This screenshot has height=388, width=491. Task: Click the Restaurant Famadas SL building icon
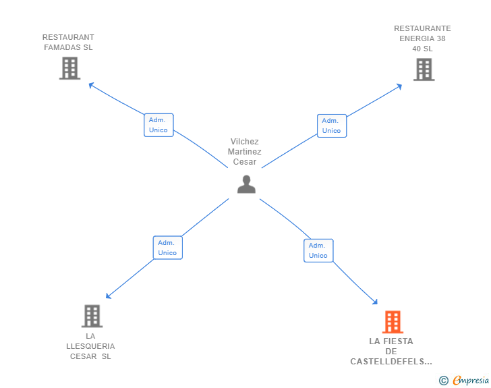(70, 68)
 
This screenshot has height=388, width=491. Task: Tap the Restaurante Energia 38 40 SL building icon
(424, 70)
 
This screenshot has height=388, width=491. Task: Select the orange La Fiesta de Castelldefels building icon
(393, 322)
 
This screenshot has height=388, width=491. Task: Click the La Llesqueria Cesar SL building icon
(92, 316)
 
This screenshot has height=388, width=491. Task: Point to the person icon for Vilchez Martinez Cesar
(246, 184)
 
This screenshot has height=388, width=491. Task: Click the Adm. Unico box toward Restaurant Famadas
(158, 125)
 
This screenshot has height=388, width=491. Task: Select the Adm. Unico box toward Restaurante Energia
(332, 126)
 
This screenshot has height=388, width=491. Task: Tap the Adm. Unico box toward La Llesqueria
(168, 248)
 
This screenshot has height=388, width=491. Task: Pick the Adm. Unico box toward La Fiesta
(318, 250)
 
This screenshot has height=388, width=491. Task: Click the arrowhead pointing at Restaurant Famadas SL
(91, 85)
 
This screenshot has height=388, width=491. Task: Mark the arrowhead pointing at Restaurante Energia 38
(399, 86)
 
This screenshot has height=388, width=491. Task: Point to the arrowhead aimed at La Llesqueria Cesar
(109, 296)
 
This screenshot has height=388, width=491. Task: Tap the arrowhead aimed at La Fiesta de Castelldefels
(375, 302)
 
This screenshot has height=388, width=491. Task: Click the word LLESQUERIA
(90, 346)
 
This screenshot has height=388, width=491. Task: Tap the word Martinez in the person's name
(245, 152)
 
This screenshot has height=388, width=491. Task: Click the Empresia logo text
(471, 381)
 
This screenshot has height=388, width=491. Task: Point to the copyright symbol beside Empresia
(444, 381)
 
